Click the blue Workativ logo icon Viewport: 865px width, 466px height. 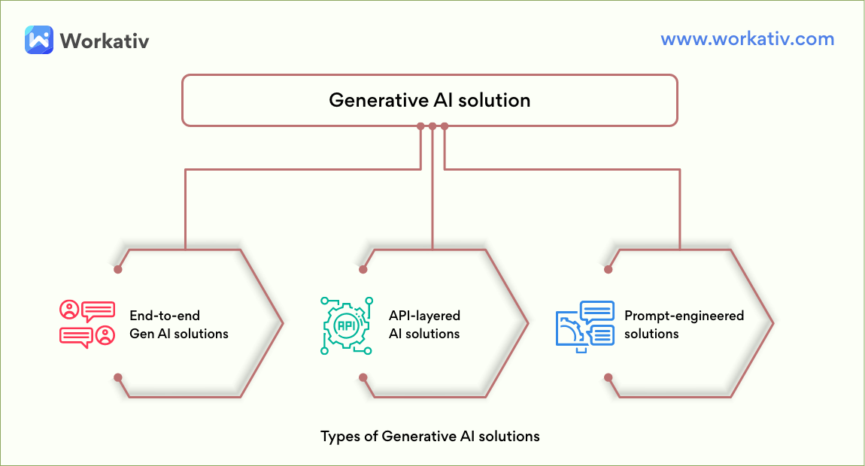click(39, 40)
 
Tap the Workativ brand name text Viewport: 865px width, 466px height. click(105, 41)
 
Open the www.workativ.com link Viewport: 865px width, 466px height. click(748, 38)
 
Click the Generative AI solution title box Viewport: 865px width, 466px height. click(429, 101)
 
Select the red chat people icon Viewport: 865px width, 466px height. click(87, 324)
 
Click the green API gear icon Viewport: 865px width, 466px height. click(347, 325)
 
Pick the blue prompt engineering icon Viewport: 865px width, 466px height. click(584, 326)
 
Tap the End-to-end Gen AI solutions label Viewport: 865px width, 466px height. click(179, 324)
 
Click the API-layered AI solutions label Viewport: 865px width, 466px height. click(424, 324)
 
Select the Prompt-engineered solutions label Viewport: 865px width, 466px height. click(684, 324)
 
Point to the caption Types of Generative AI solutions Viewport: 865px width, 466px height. click(430, 436)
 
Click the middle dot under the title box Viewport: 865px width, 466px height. click(432, 126)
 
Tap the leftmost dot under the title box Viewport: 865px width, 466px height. click(420, 126)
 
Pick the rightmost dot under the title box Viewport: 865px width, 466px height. click(445, 126)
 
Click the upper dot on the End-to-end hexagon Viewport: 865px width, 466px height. click(117, 270)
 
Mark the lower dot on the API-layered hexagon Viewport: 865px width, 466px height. click(363, 378)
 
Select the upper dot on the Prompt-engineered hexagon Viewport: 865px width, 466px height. click(608, 270)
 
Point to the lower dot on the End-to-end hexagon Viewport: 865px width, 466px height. click(117, 378)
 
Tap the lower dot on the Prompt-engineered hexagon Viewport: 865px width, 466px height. click(608, 378)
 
